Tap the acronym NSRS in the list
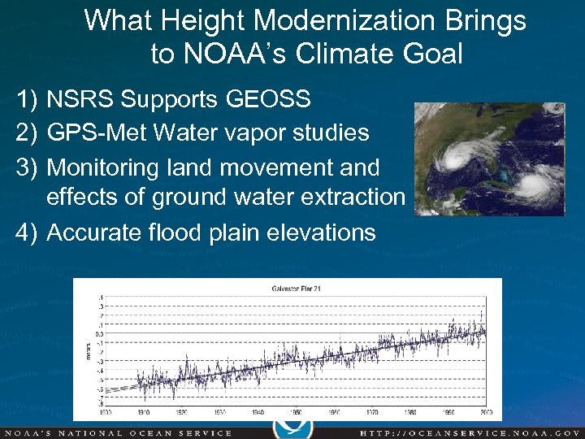[78, 99]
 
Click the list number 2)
[27, 132]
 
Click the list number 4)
[27, 233]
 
